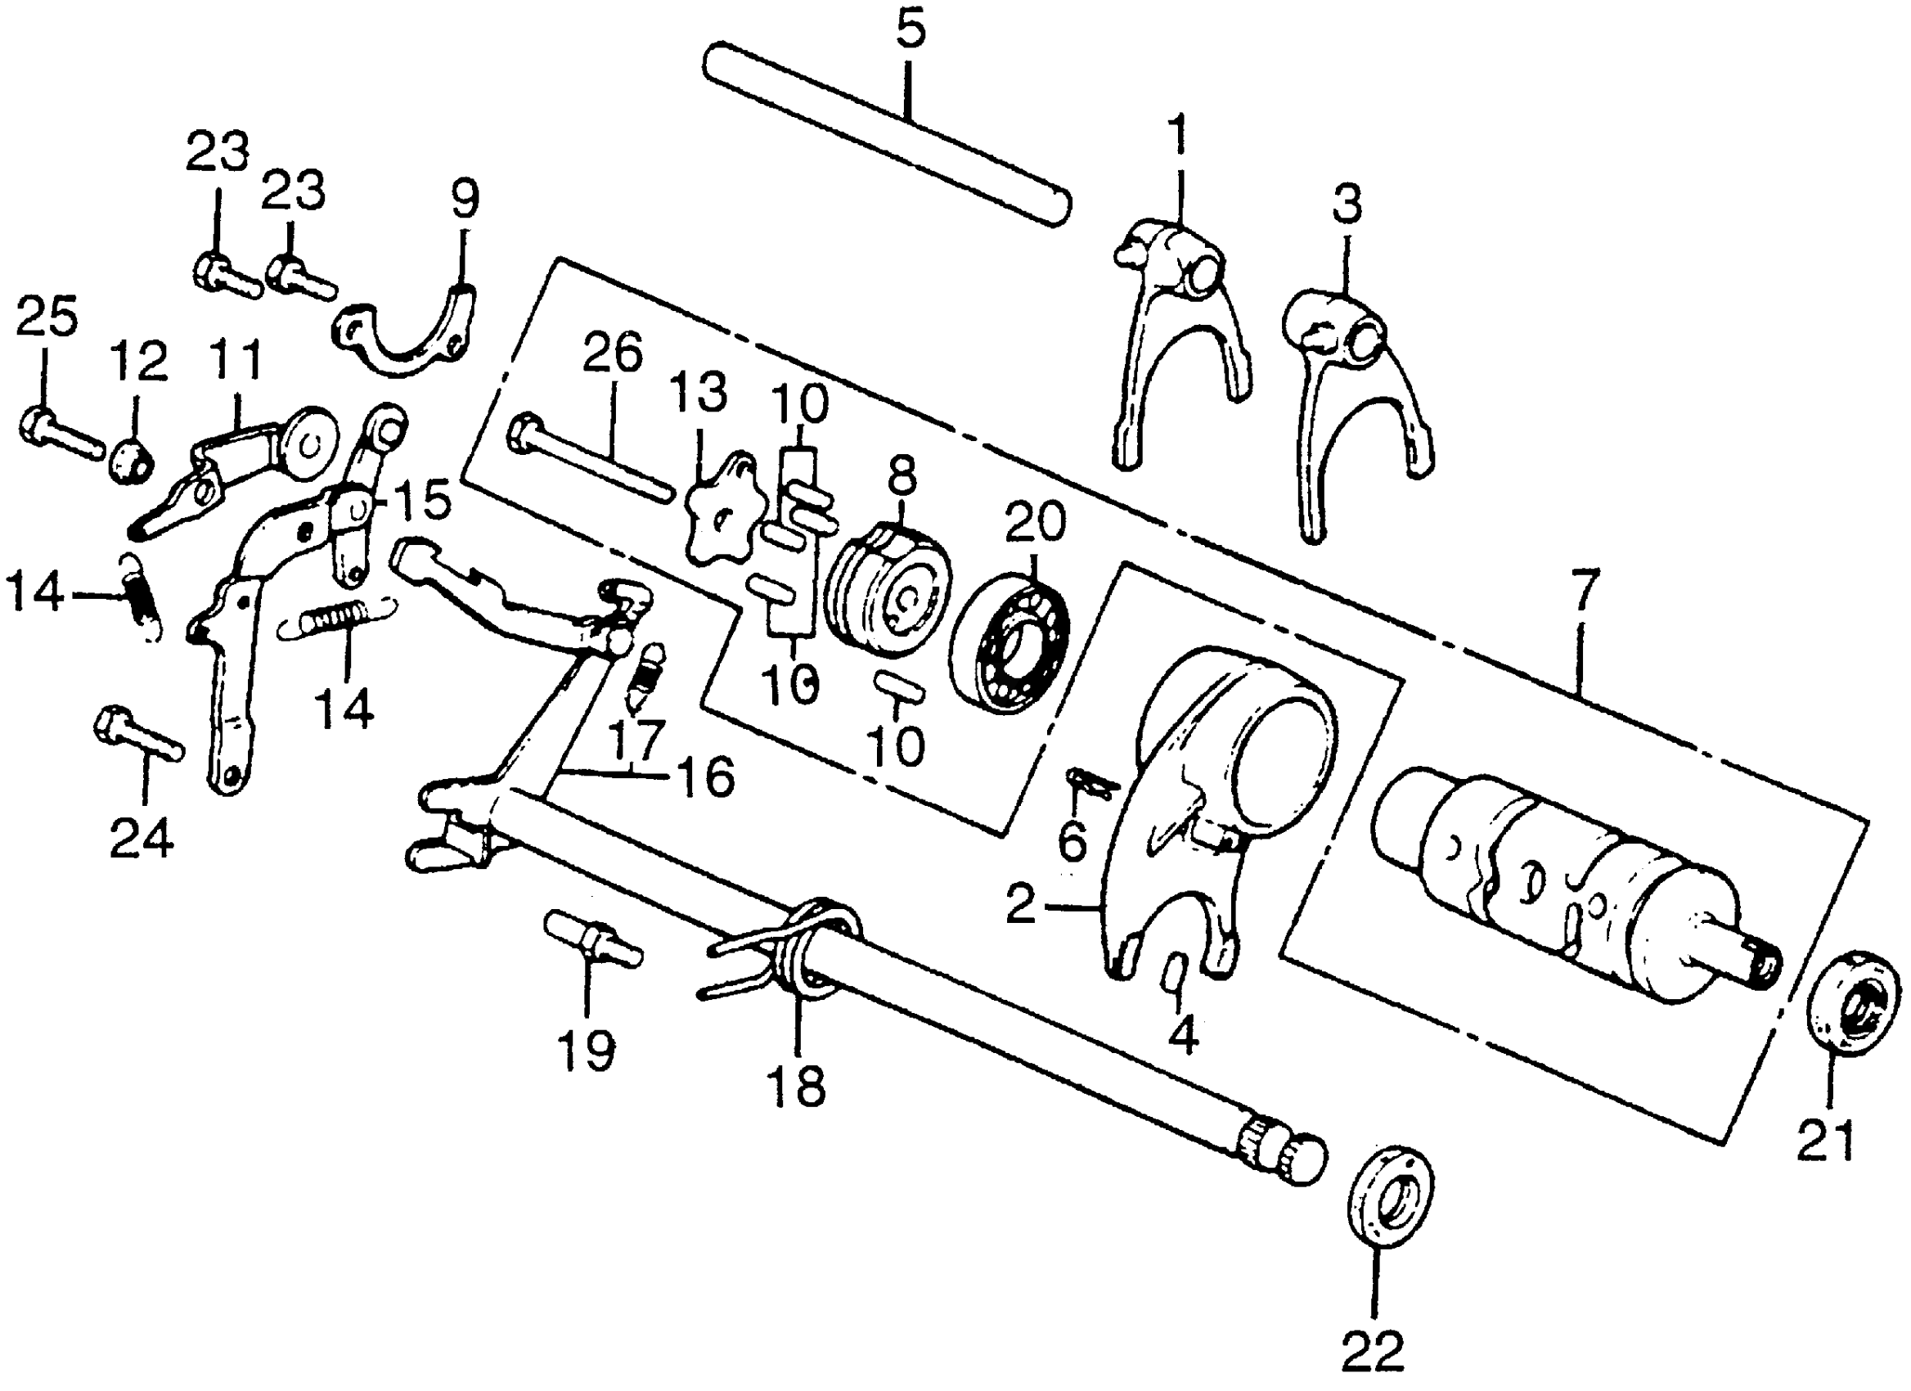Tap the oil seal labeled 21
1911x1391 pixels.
coord(1854,1001)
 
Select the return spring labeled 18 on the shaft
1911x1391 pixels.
coord(800,952)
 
